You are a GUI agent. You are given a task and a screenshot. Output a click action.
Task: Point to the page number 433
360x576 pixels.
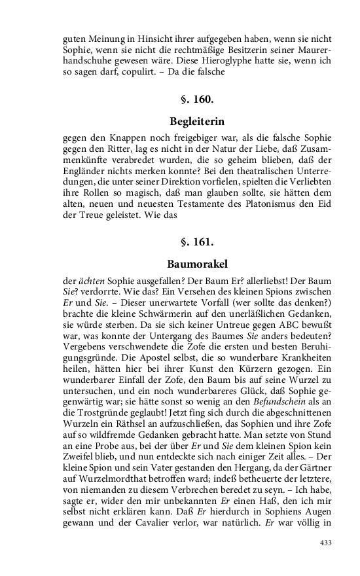coord(326,543)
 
